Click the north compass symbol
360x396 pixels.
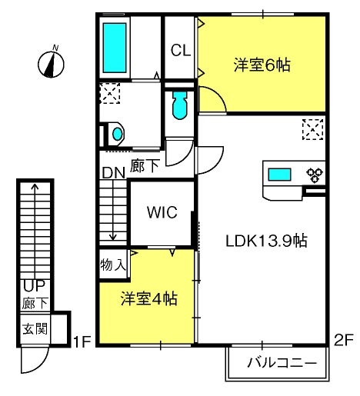tap(51, 63)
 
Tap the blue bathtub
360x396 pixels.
tap(115, 48)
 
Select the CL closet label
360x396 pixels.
tap(181, 50)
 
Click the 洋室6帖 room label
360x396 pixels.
tap(262, 65)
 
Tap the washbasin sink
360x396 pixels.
tap(117, 134)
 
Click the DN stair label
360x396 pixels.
tap(113, 173)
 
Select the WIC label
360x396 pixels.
tap(162, 212)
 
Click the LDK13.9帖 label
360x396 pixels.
tap(266, 241)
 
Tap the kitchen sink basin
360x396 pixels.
tap(279, 175)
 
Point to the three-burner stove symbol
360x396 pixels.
tap(315, 175)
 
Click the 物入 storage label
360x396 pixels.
tap(113, 265)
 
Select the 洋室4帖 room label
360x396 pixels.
tap(149, 298)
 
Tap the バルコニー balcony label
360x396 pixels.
tap(282, 363)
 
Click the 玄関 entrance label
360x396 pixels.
tap(35, 328)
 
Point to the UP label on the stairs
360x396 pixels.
tap(34, 286)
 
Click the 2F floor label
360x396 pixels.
tap(344, 340)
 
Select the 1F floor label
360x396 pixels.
tap(82, 341)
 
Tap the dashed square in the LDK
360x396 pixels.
tap(312, 129)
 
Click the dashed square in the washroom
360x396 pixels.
tap(110, 93)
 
